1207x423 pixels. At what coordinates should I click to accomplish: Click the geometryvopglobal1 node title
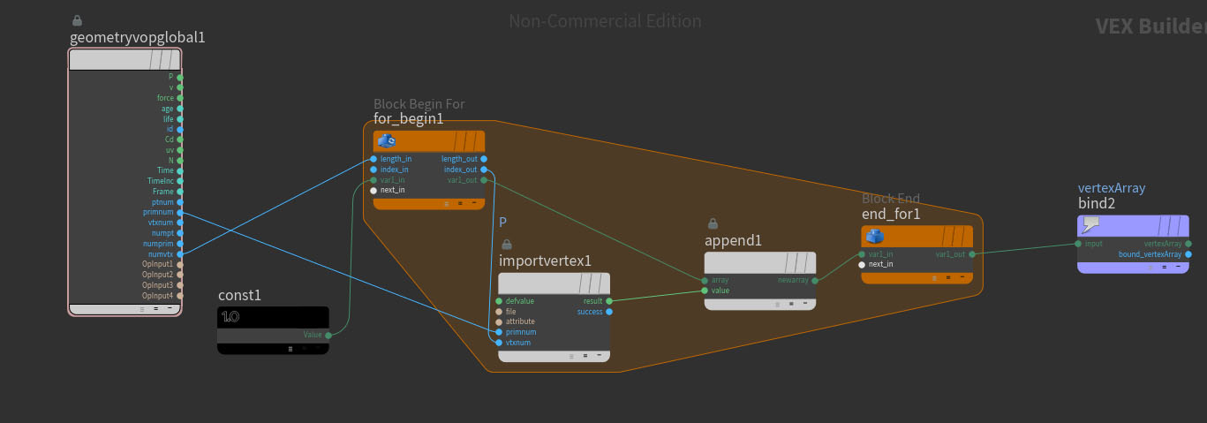click(x=137, y=37)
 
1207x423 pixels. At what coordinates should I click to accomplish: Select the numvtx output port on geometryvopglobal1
click(x=180, y=253)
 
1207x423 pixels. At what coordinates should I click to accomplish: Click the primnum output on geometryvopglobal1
click(x=180, y=212)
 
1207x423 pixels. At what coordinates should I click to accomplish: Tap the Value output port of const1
click(x=328, y=335)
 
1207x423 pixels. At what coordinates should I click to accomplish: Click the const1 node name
click(x=239, y=295)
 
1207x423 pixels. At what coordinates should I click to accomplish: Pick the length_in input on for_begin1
click(x=373, y=159)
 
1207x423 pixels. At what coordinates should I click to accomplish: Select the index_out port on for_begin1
click(x=484, y=170)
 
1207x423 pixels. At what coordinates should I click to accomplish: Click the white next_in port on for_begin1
click(x=373, y=190)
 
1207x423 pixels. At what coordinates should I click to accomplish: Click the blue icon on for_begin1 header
click(x=386, y=140)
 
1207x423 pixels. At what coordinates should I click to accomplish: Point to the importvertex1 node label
click(x=545, y=261)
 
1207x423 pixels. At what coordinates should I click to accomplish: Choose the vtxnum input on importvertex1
click(x=499, y=343)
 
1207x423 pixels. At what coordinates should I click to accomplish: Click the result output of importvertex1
click(x=609, y=301)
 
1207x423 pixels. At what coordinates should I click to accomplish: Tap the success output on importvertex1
click(x=609, y=312)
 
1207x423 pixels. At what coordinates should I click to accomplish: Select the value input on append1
click(x=704, y=291)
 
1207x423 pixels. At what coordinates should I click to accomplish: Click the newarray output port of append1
click(x=815, y=280)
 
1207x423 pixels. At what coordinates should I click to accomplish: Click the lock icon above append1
click(x=712, y=224)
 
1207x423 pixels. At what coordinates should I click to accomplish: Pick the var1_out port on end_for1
click(x=972, y=253)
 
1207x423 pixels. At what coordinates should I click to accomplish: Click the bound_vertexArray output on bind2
click(x=1188, y=254)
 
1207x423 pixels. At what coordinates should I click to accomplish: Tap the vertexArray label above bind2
click(x=1111, y=188)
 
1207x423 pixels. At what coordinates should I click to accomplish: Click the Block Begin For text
click(x=419, y=104)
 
